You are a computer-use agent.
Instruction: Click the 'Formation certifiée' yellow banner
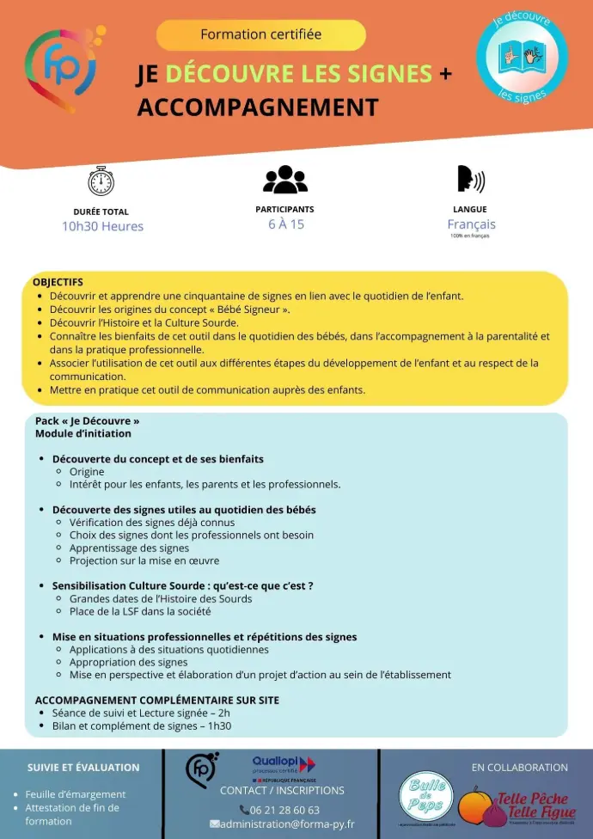point(261,35)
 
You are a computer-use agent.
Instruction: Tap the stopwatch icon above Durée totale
point(101,180)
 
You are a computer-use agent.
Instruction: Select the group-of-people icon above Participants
point(284,179)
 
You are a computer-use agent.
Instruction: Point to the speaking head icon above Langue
point(470,179)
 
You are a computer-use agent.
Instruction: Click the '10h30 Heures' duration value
point(102,226)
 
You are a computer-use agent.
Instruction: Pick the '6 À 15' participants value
point(285,224)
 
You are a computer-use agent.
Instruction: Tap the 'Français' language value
point(471,224)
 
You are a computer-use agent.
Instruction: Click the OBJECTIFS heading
point(58,282)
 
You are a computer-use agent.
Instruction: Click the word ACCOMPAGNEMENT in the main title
point(257,107)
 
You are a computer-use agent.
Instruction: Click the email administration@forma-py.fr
point(287,824)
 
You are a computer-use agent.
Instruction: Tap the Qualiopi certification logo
point(284,765)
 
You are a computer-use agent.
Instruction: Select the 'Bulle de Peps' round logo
point(425,797)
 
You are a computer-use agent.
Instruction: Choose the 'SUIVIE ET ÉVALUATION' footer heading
point(83,767)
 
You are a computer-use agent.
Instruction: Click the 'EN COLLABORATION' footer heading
point(519,767)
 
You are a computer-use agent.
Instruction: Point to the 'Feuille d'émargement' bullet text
point(76,794)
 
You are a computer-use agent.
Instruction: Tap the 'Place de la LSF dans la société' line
point(140,611)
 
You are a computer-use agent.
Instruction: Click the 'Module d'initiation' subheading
point(83,433)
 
